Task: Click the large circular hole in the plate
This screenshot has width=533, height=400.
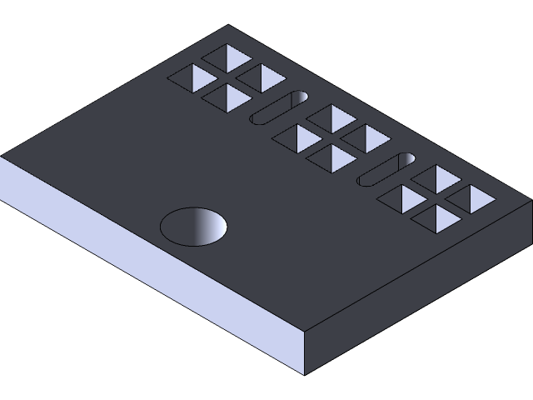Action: click(194, 227)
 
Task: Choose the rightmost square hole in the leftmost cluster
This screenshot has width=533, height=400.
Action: click(262, 77)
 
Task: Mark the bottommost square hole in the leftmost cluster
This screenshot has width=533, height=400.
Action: click(227, 97)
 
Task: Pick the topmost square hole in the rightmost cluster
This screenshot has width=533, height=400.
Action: click(437, 177)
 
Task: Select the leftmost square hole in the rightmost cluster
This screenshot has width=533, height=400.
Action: click(403, 198)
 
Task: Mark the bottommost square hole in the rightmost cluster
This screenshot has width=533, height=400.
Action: click(437, 218)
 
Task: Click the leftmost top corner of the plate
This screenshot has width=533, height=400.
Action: click(2, 156)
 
